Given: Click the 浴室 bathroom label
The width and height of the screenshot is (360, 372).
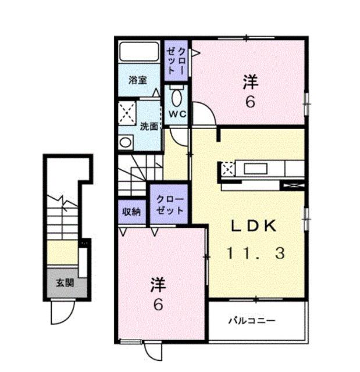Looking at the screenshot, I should (x=138, y=81).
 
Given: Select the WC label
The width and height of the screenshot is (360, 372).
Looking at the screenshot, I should (x=177, y=114).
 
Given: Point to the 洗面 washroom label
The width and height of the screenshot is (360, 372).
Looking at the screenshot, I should (x=149, y=126).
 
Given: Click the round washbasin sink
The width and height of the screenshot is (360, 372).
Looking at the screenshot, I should (x=125, y=142).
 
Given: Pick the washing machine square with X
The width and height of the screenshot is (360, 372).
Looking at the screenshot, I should (x=127, y=110).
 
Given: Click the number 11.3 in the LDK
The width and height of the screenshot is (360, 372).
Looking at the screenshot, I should (x=256, y=253).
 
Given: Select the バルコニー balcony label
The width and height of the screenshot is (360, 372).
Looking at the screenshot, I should (x=251, y=320).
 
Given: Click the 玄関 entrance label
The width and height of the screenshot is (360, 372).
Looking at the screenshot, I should (x=65, y=284).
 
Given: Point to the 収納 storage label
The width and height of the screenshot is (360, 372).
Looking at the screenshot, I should (x=131, y=212).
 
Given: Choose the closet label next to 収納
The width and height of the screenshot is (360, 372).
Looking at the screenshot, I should (x=169, y=204).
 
